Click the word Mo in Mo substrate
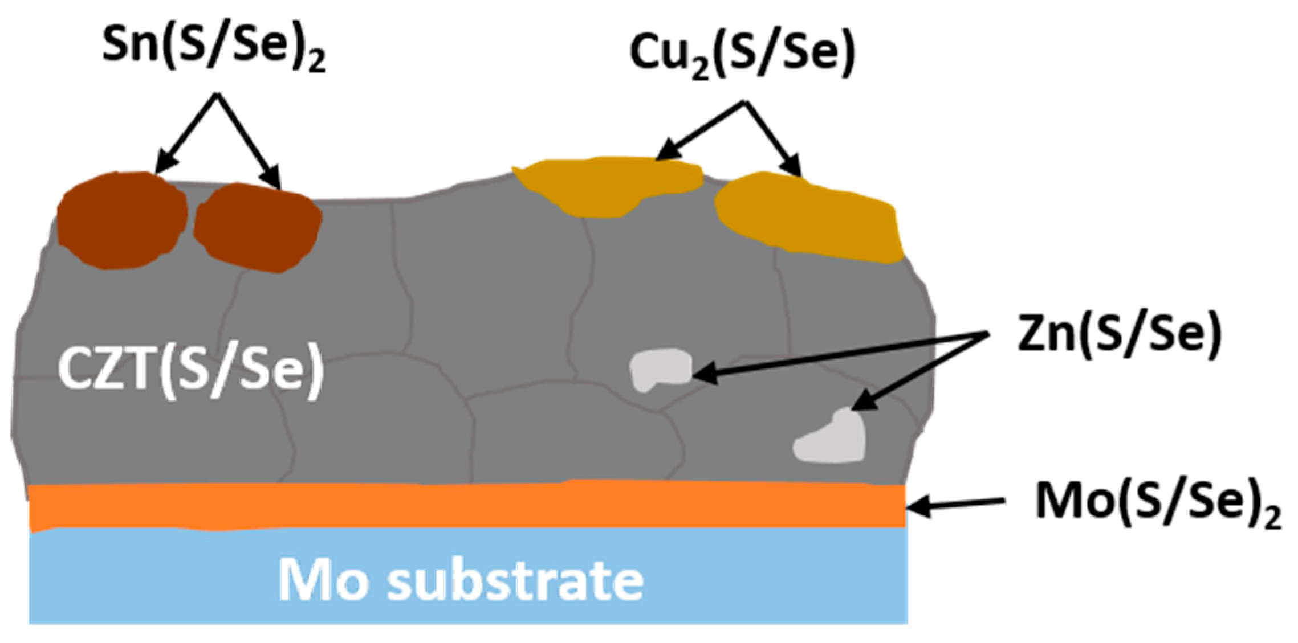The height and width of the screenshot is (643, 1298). pyautogui.click(x=323, y=580)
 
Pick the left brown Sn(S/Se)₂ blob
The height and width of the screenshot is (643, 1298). pyautogui.click(x=122, y=219)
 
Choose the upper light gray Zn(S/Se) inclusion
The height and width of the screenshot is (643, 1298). pyautogui.click(x=660, y=369)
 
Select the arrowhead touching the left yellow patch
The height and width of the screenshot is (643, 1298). pyautogui.click(x=665, y=153)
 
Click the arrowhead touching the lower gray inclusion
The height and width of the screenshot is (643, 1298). pyautogui.click(x=860, y=402)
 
